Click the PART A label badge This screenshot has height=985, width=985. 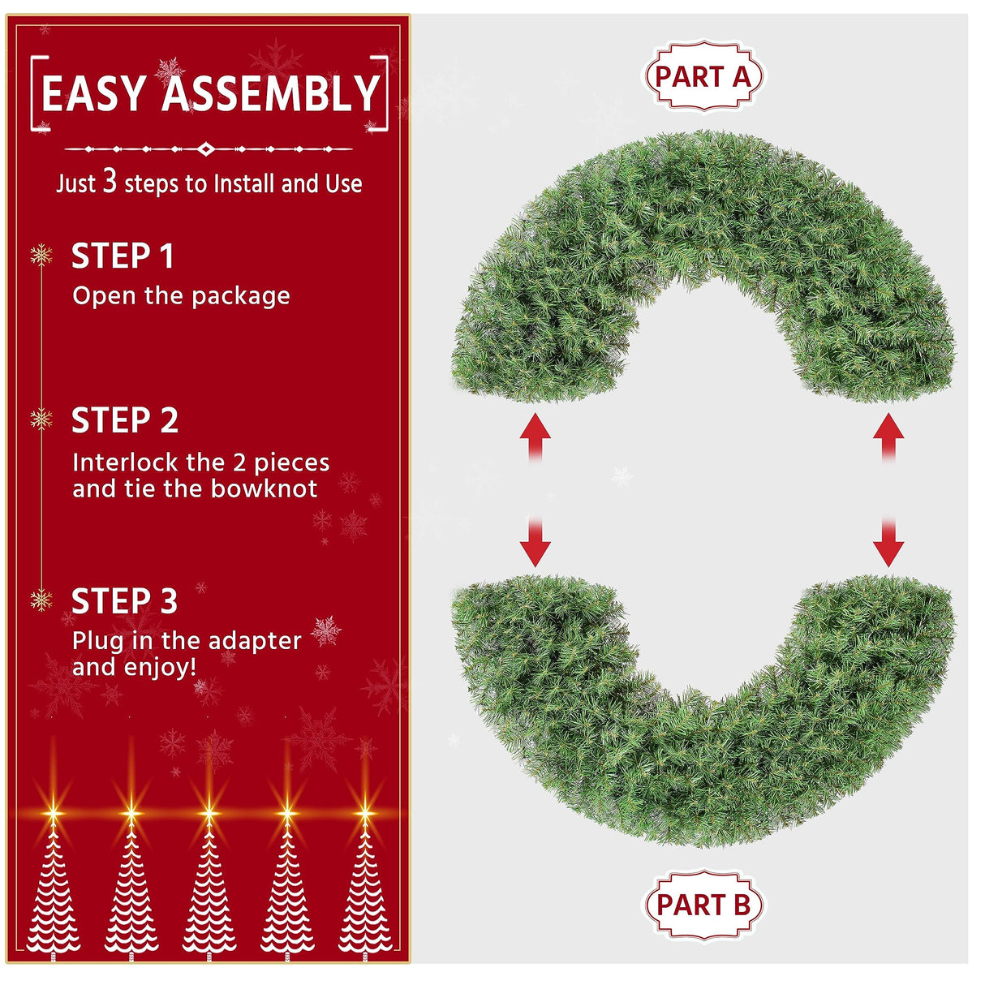[x=703, y=77]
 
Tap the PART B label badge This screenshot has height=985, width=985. [x=703, y=905]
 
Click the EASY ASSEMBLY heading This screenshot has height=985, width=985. [x=210, y=93]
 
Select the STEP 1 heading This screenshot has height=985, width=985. [x=123, y=256]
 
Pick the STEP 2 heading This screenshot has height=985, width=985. [x=125, y=421]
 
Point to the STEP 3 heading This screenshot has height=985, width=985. [x=124, y=602]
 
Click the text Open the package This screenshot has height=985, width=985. [x=181, y=296]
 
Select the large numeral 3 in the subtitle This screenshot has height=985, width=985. [x=110, y=182]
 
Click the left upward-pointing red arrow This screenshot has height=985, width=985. [x=535, y=437]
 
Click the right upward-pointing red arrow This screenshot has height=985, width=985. [x=888, y=437]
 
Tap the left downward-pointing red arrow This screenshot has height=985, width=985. [x=535, y=542]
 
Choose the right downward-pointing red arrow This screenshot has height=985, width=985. [x=888, y=542]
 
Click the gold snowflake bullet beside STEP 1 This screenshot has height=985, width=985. [x=41, y=256]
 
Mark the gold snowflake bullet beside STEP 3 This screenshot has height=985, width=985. [x=41, y=600]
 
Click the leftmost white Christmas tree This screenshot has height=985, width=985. [x=54, y=893]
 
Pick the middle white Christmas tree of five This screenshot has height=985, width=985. [x=209, y=893]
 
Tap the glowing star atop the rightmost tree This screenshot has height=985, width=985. [x=365, y=812]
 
